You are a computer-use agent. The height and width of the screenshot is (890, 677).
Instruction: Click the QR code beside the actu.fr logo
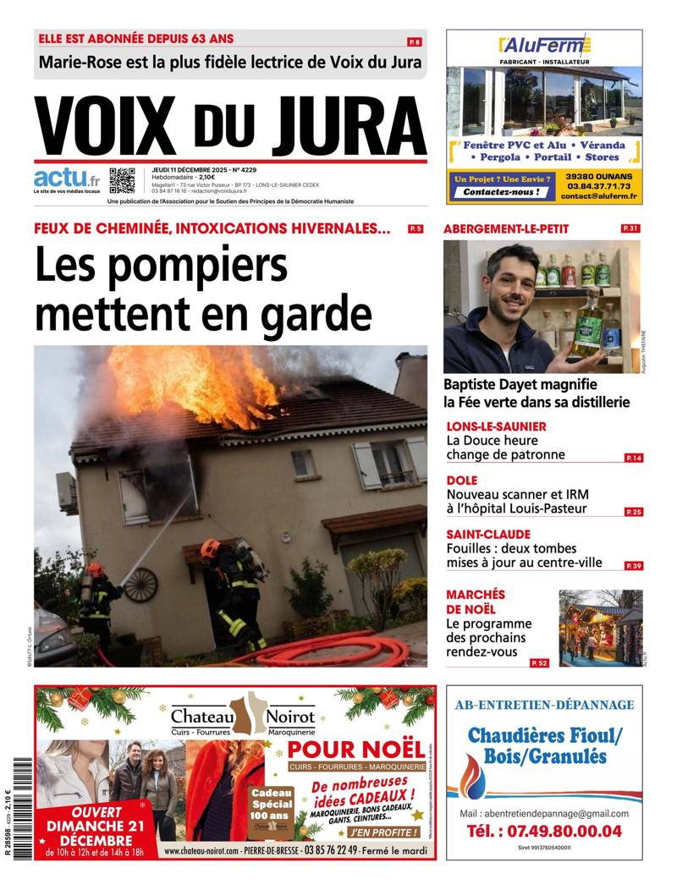click(122, 180)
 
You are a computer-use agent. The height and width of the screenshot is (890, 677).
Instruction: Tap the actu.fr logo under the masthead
click(67, 179)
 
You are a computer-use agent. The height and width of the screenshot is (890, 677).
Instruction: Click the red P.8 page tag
click(415, 41)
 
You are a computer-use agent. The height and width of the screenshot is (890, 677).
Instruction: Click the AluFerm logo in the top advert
click(544, 45)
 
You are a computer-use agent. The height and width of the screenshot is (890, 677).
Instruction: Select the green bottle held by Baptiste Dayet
click(586, 323)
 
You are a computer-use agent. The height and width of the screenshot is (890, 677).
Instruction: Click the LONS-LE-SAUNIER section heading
click(496, 426)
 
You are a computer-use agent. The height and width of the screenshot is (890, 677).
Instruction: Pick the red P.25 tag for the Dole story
click(633, 512)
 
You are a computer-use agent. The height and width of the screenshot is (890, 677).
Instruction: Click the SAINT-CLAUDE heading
click(488, 535)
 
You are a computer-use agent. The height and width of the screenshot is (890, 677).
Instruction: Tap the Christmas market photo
click(600, 627)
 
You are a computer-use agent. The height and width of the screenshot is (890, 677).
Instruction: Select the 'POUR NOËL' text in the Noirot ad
click(355, 749)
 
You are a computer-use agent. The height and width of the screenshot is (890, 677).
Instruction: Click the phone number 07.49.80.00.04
click(544, 831)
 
